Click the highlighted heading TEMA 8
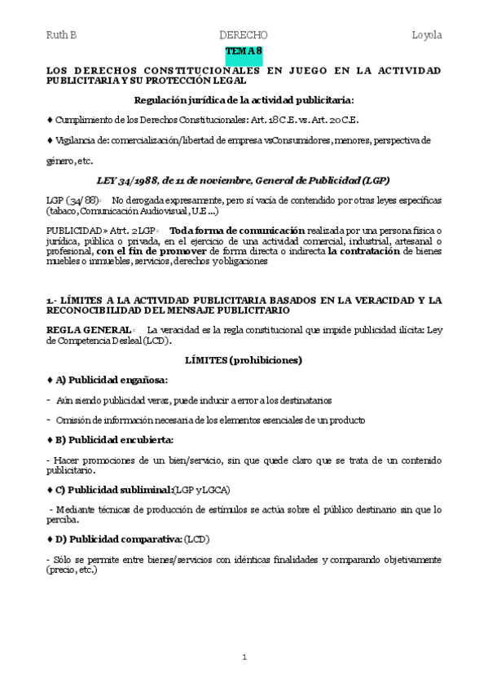(x=244, y=51)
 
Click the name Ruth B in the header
(x=61, y=35)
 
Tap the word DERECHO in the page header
(x=244, y=35)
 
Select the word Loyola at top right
(x=427, y=35)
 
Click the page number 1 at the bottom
(x=244, y=656)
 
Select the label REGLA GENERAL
(x=82, y=328)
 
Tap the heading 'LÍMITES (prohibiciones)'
(x=244, y=359)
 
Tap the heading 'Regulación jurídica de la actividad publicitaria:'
(x=244, y=100)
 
